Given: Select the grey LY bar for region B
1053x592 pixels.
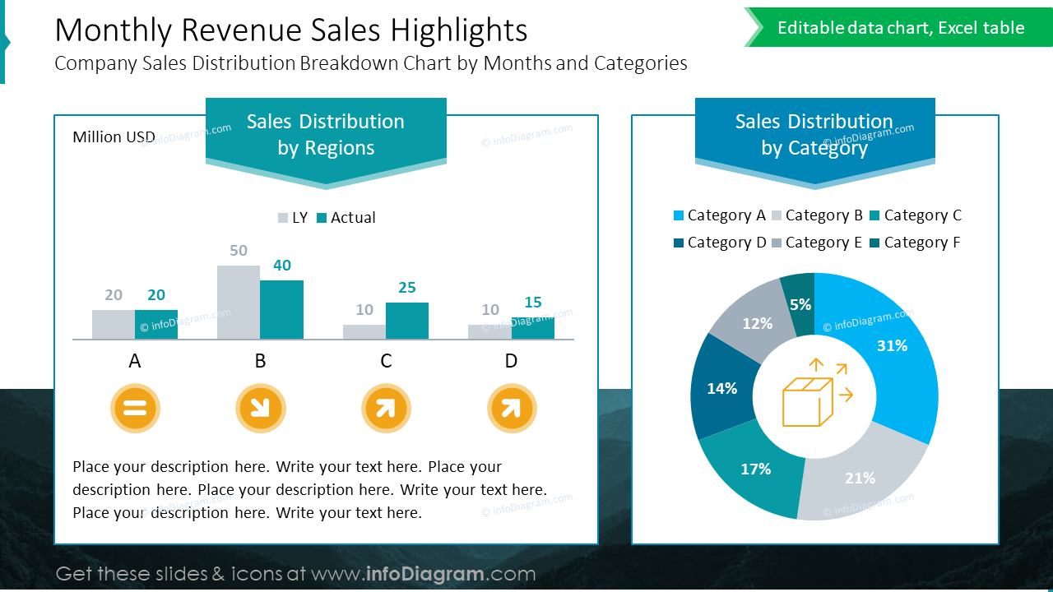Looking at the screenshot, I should click(239, 302).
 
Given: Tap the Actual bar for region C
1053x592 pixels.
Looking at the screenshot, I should click(407, 321).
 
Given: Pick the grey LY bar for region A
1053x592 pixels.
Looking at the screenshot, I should click(114, 324).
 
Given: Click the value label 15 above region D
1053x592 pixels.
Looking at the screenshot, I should click(533, 303).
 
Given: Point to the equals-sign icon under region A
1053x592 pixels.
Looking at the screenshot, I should click(135, 408).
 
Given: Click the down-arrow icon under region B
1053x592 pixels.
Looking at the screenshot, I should click(261, 408).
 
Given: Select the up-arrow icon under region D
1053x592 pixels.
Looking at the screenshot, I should click(512, 408).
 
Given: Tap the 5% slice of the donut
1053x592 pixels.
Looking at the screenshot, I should click(799, 303).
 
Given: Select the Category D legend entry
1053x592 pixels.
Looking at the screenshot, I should click(719, 243).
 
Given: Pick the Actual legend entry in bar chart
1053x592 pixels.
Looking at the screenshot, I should click(346, 218).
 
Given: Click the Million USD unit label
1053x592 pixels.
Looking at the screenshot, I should click(114, 137).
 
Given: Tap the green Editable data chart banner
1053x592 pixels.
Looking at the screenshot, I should click(900, 28).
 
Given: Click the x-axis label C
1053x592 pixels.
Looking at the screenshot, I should click(386, 361).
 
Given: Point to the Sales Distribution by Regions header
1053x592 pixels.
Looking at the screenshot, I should click(326, 135).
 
